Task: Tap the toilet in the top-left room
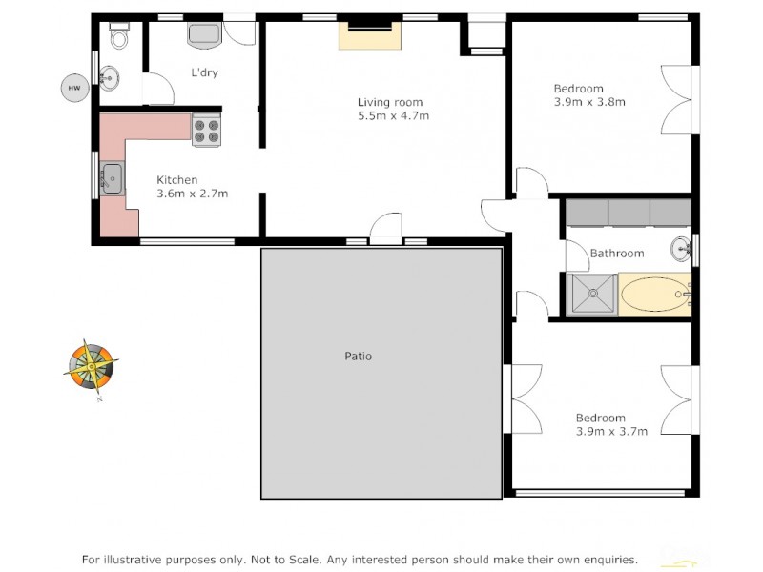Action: pyautogui.click(x=119, y=37)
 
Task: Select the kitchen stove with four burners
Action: pyautogui.click(x=206, y=130)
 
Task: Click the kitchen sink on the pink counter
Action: pyautogui.click(x=113, y=178)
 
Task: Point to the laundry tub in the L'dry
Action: pyautogui.click(x=205, y=35)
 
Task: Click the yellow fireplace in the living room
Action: pyautogui.click(x=371, y=35)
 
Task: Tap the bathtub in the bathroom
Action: pyautogui.click(x=654, y=295)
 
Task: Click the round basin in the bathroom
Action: pyautogui.click(x=681, y=250)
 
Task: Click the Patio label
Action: pyautogui.click(x=358, y=357)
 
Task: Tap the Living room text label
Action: pyautogui.click(x=390, y=102)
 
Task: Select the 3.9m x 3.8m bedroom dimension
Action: pyautogui.click(x=589, y=102)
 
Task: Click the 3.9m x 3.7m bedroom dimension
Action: pyautogui.click(x=611, y=431)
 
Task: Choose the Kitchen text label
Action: pyautogui.click(x=177, y=179)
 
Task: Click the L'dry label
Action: pyautogui.click(x=206, y=72)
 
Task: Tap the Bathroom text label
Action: pyautogui.click(x=617, y=254)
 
